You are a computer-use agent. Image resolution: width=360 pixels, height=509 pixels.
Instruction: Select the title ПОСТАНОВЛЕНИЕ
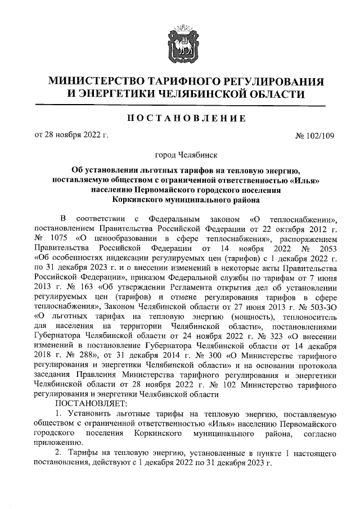(179, 118)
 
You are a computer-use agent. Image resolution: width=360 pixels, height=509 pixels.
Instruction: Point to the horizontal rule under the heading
(179, 106)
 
